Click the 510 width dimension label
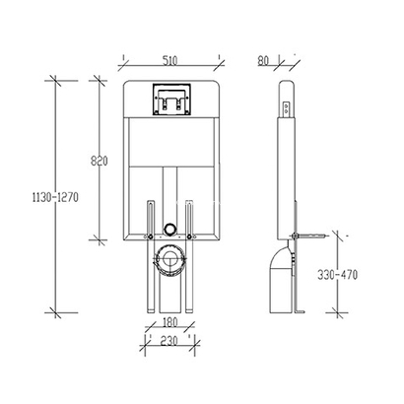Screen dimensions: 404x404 click(x=169, y=60)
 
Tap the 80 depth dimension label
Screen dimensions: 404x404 click(x=263, y=60)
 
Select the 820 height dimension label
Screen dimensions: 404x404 click(x=99, y=161)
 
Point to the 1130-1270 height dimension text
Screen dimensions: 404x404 click(x=55, y=197)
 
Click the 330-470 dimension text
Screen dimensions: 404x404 click(x=337, y=275)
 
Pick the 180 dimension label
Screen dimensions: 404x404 click(x=169, y=322)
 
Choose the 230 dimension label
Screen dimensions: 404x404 click(x=168, y=340)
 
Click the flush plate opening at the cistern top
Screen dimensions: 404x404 click(x=171, y=100)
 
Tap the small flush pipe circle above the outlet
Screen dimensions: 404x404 click(x=169, y=229)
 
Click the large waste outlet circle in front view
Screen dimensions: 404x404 click(x=169, y=259)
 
